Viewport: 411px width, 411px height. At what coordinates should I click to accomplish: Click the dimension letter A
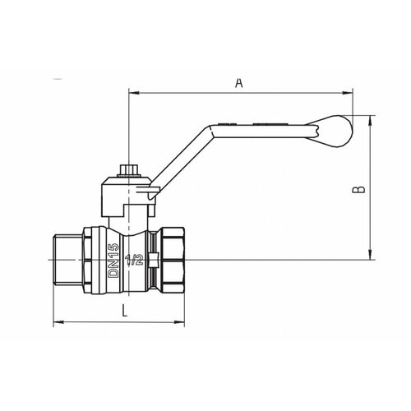coord(239,83)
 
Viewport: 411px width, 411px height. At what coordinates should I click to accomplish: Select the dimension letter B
coord(358,190)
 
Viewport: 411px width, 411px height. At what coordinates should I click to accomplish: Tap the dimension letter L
coord(125,311)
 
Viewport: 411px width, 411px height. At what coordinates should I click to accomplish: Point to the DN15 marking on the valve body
coord(113,261)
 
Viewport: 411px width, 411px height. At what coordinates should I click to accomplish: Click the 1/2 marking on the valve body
coord(134,260)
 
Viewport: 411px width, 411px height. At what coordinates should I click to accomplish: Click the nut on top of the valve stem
coord(128,171)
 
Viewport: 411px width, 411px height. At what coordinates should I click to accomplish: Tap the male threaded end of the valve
coord(67,260)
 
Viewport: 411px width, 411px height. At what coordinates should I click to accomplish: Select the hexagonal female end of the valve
coord(173,260)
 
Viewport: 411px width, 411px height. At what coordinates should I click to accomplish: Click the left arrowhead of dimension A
coord(134,93)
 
